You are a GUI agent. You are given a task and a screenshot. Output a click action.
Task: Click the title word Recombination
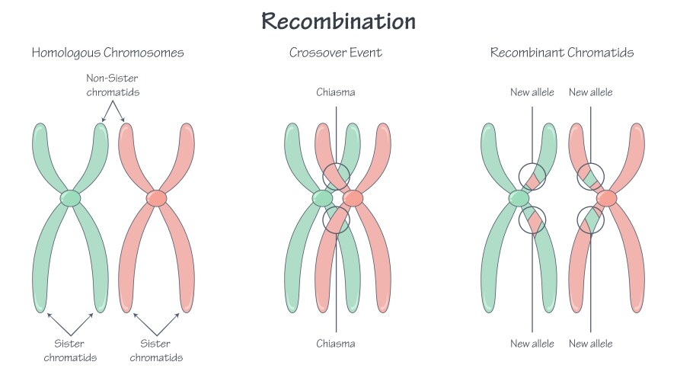(338, 21)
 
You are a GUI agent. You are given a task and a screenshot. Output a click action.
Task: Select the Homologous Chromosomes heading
(107, 53)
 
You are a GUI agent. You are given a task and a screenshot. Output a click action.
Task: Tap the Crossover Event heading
(336, 53)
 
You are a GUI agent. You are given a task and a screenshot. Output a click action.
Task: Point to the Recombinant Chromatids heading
(562, 53)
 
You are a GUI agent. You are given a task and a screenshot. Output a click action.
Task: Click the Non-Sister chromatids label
(113, 86)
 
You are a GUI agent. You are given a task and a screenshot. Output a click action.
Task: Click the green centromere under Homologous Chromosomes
(70, 198)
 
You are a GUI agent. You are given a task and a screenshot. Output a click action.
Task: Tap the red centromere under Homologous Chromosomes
(156, 198)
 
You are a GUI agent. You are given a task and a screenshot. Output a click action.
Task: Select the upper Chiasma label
(336, 93)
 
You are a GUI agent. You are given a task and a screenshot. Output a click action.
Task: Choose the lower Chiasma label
(336, 344)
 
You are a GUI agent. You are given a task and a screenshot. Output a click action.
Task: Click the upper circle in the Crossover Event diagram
(336, 176)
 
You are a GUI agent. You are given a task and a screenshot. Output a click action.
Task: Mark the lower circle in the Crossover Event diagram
(336, 221)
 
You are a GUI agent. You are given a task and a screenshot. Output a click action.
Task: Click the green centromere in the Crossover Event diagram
(322, 199)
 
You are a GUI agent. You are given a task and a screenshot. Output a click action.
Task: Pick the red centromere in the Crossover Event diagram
(353, 199)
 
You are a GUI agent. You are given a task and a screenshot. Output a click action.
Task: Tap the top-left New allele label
(532, 93)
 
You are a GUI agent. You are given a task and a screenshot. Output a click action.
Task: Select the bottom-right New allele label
(591, 344)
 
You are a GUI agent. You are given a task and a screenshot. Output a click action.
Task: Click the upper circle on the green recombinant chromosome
(532, 176)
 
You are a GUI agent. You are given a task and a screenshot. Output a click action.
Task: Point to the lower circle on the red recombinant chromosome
(591, 221)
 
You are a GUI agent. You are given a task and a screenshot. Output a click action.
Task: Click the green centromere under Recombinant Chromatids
(519, 199)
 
